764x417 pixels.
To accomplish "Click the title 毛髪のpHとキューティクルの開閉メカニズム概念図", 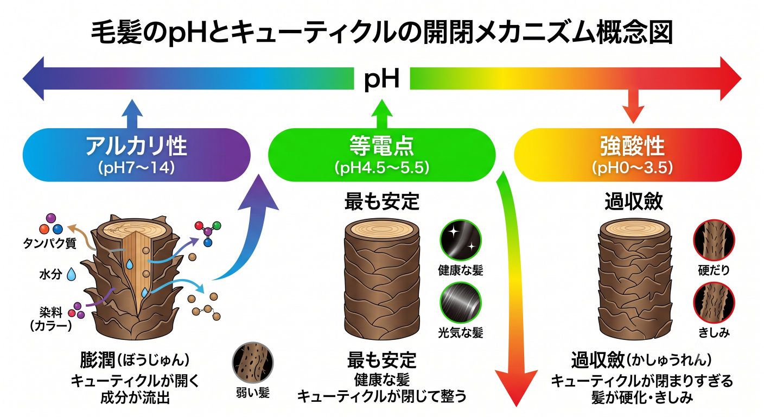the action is [381, 33].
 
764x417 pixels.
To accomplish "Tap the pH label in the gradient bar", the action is [381, 79].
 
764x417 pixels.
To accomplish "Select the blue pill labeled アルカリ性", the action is [136, 155].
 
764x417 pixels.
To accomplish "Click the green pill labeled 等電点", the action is [381, 155].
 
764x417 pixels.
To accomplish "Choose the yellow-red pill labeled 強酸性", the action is [628, 155].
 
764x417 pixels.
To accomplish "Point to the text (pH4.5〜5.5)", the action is [381, 168].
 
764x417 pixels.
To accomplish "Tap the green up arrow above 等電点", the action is [381, 114].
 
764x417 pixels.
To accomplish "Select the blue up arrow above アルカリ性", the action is [132, 114].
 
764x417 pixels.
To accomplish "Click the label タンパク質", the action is [49, 243].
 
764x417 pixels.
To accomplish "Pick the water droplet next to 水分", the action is [71, 274].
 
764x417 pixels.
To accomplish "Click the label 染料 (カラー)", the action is [51, 319].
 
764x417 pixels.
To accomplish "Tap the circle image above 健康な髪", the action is [461, 240].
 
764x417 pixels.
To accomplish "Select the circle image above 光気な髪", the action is [461, 302].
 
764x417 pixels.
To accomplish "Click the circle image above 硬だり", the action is [714, 240].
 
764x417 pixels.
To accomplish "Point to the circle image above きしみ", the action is [714, 302].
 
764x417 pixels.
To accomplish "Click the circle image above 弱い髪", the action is [253, 363].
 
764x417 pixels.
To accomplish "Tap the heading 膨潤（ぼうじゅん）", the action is [135, 360].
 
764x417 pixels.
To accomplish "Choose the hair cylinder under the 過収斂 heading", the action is [635, 279].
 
